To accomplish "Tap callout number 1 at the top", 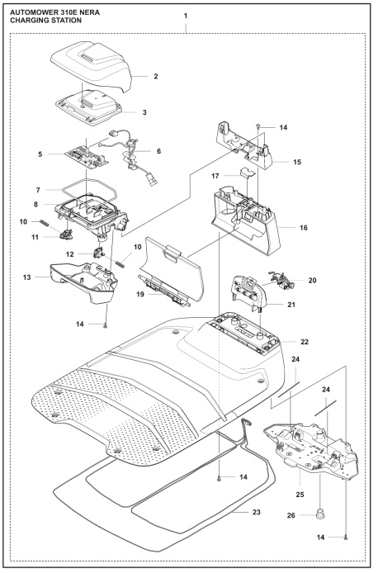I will [x=186, y=17].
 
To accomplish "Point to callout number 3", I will [x=144, y=111].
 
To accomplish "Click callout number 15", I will [x=295, y=162].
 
